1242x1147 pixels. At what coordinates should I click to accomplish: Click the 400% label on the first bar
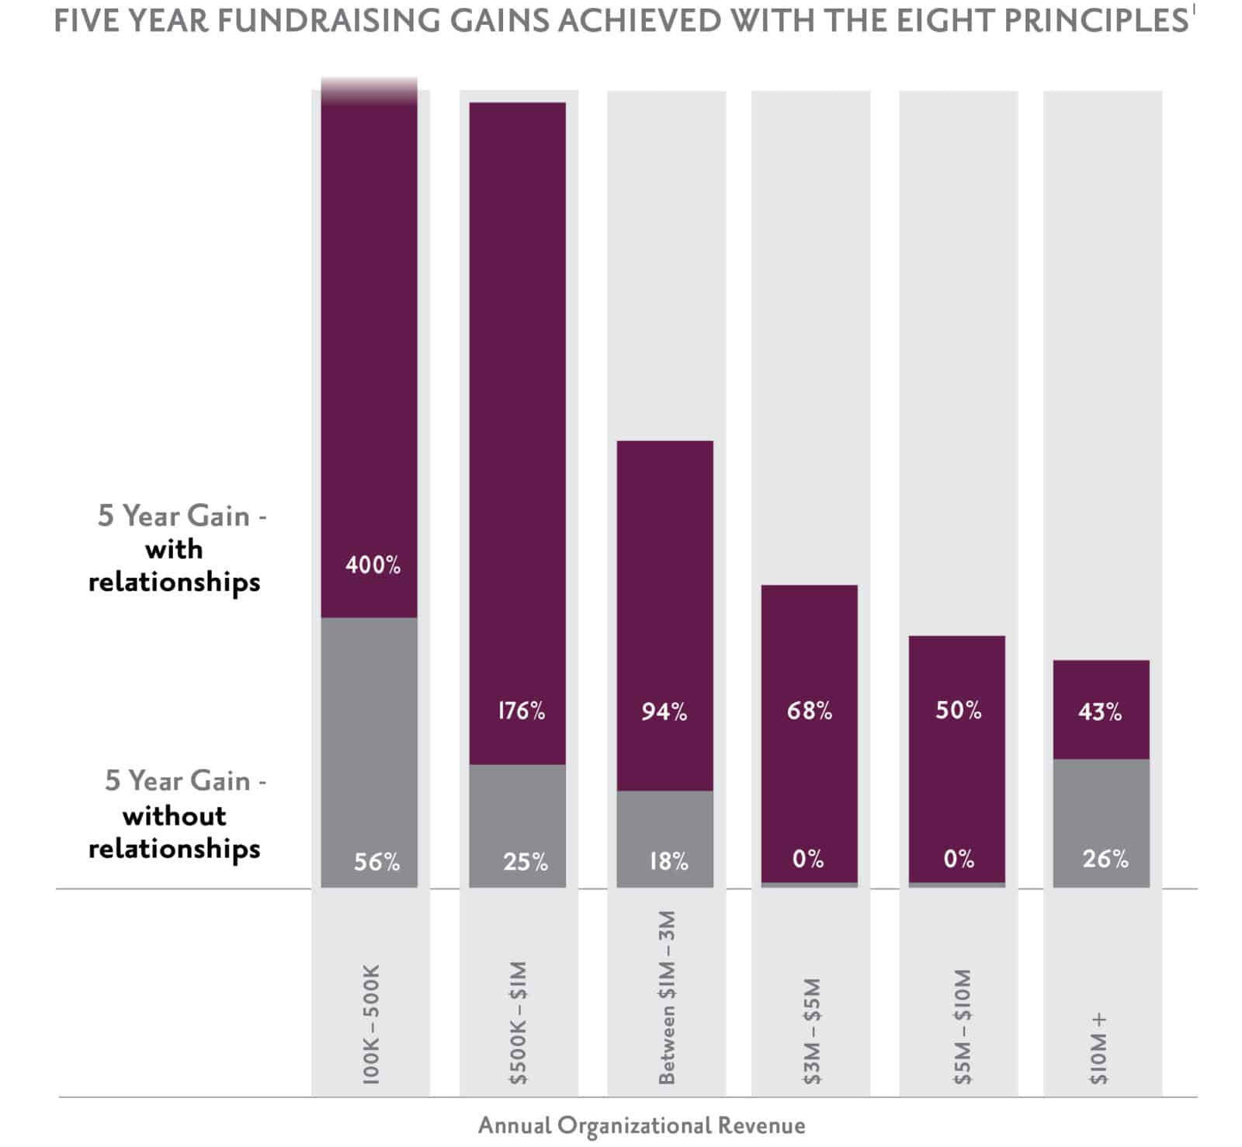point(373,565)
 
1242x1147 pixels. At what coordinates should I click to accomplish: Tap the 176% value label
point(521,711)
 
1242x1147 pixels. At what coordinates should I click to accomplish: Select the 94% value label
point(664,711)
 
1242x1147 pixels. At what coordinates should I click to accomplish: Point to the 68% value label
point(809,711)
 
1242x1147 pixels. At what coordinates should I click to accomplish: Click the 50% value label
point(958,711)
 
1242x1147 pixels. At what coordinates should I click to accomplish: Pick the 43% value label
point(1100,711)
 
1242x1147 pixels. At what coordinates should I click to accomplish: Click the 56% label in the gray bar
point(376,861)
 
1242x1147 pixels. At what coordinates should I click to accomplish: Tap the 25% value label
point(525,861)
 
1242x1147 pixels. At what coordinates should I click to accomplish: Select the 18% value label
point(668,861)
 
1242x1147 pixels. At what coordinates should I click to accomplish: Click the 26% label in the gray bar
point(1105,859)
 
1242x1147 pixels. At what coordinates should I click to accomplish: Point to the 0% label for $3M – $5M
point(807,859)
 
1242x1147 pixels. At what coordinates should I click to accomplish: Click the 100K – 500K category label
point(372,1024)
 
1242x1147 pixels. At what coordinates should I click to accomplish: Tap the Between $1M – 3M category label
point(667,997)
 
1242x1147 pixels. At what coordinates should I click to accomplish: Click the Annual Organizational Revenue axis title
point(641,1124)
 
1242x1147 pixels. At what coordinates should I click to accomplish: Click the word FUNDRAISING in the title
point(310,21)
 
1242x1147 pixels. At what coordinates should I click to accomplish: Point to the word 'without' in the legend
point(175,815)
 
